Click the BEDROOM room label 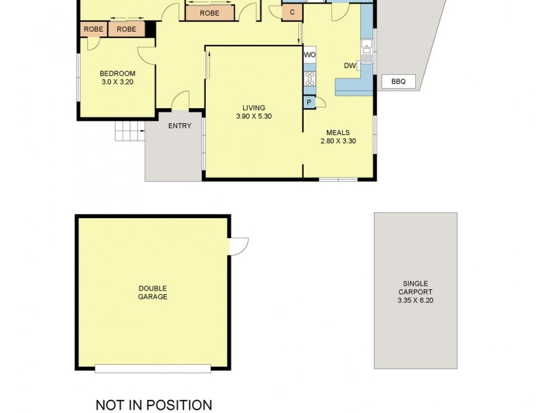pyautogui.click(x=117, y=74)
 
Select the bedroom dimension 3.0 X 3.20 pyautogui.click(x=117, y=82)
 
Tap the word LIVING pyautogui.click(x=253, y=107)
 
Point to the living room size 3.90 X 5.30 pyautogui.click(x=253, y=116)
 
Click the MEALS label pyautogui.click(x=337, y=133)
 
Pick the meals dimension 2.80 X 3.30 pyautogui.click(x=337, y=142)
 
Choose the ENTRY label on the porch pyautogui.click(x=180, y=125)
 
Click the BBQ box pyautogui.click(x=398, y=82)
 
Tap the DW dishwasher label pyautogui.click(x=349, y=66)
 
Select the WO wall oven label pyautogui.click(x=310, y=54)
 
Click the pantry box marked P pyautogui.click(x=309, y=103)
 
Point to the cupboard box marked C pyautogui.click(x=292, y=12)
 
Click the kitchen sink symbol pyautogui.click(x=366, y=52)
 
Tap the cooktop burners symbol pyautogui.click(x=310, y=78)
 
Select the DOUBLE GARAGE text pyautogui.click(x=152, y=293)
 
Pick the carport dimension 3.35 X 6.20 pyautogui.click(x=415, y=300)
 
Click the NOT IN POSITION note pyautogui.click(x=154, y=405)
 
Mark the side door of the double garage pyautogui.click(x=238, y=246)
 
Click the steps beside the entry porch pyautogui.click(x=129, y=130)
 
